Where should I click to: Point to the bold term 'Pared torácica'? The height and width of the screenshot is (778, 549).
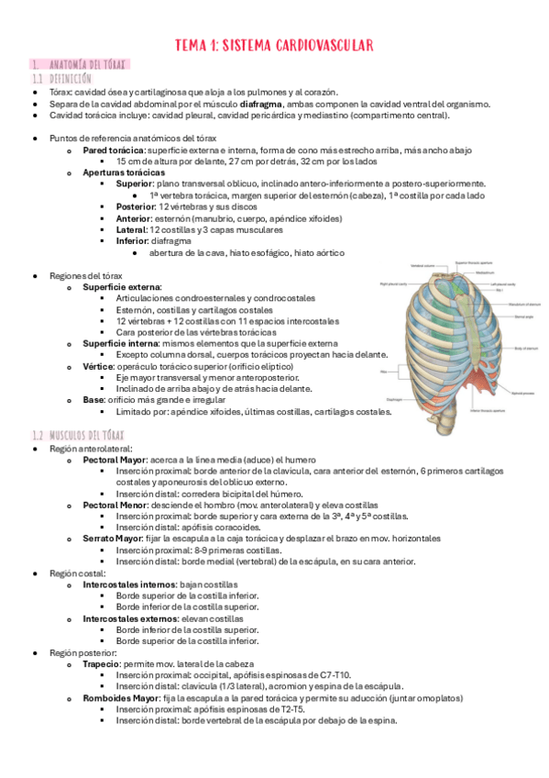point(113,149)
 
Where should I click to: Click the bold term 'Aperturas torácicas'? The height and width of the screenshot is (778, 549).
point(124,172)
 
